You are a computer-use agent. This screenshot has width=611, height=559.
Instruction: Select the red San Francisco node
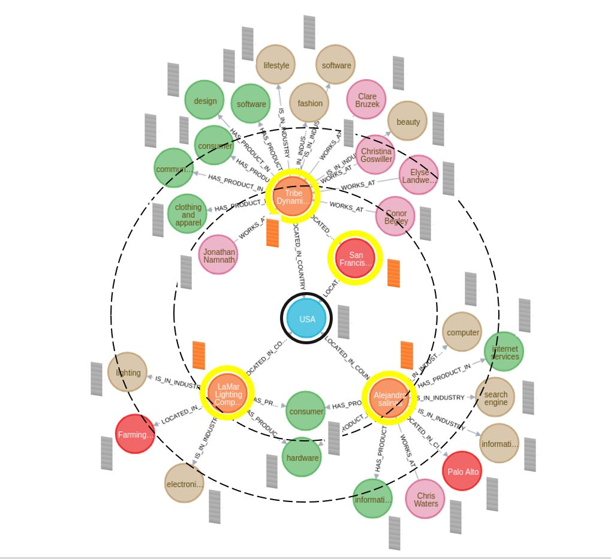point(355,259)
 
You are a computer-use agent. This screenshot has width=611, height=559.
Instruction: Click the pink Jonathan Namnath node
point(218,254)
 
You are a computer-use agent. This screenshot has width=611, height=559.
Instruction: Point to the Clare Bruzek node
point(366,100)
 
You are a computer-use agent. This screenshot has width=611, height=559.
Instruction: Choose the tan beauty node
point(408,122)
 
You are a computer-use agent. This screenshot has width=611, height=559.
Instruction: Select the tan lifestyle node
point(276,65)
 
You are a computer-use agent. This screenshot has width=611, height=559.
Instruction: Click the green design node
point(204,101)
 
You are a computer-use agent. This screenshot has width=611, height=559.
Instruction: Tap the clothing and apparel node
point(188,215)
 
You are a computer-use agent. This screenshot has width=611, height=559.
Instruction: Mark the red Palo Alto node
point(463,471)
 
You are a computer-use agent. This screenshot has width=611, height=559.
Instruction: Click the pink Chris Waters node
point(425,500)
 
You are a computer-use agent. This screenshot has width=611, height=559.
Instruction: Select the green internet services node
point(504,352)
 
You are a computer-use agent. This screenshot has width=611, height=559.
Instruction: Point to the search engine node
point(495,398)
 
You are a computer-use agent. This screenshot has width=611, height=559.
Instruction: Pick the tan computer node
point(462,332)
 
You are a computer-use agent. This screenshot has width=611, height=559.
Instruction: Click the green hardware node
point(302,458)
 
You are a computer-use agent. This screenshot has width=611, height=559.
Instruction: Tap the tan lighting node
point(128,372)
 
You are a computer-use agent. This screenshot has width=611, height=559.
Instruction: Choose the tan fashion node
point(309,103)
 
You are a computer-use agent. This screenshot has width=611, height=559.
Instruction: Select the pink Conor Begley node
point(396,217)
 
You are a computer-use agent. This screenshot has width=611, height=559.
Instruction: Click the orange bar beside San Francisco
point(393,273)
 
